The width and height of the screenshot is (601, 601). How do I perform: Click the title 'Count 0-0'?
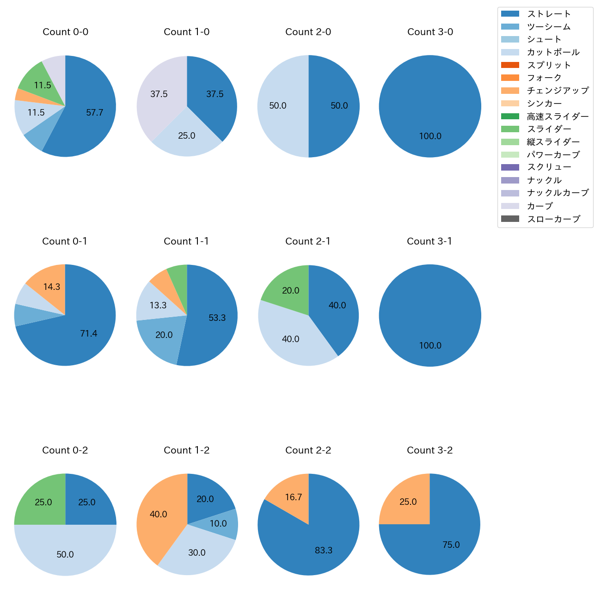click(65, 32)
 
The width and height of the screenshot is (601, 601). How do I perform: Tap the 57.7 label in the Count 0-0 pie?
click(94, 112)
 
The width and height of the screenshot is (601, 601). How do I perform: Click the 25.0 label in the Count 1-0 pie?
click(187, 135)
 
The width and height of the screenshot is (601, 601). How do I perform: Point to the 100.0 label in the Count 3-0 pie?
click(430, 136)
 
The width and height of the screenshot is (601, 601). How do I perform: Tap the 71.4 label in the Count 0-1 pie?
click(88, 333)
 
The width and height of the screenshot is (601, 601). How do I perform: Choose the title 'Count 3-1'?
click(429, 241)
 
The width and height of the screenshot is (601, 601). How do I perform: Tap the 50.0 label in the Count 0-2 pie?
click(65, 554)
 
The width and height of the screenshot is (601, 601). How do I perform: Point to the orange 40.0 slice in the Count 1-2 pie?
click(158, 514)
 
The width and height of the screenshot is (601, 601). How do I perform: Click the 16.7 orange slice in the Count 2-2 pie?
click(292, 497)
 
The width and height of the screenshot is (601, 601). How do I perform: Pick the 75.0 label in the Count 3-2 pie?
click(451, 545)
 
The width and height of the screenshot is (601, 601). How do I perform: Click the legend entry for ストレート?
click(549, 14)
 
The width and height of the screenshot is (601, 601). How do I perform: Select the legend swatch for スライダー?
click(510, 129)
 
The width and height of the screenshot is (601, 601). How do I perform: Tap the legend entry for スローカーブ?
click(553, 219)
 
